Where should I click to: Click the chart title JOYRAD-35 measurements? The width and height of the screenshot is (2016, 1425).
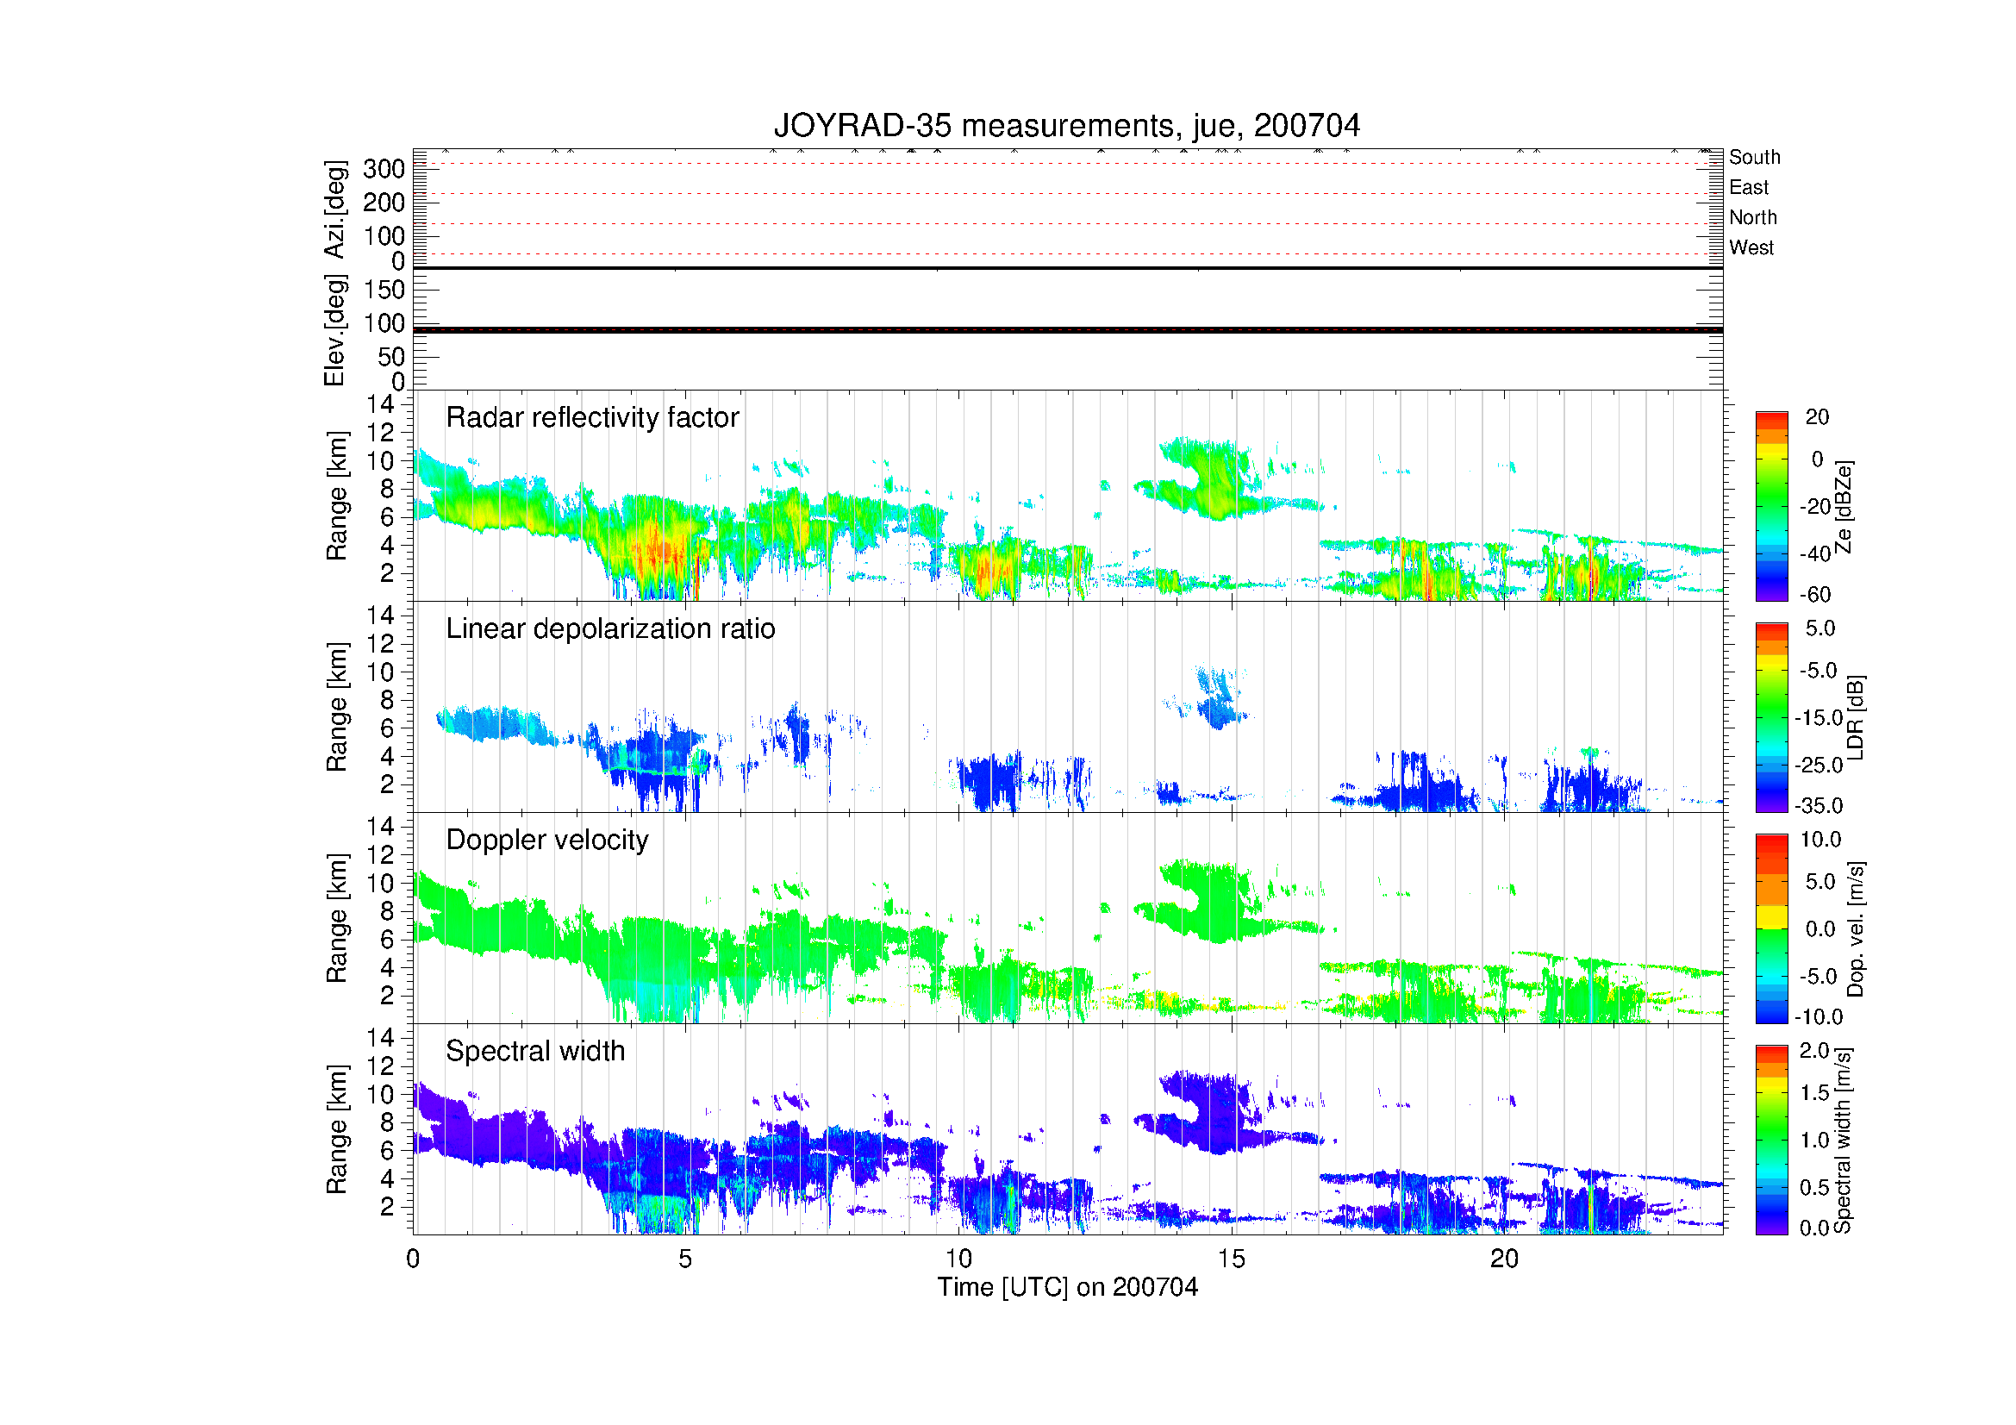pyautogui.click(x=1066, y=127)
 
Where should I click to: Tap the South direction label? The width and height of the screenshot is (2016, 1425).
pyautogui.click(x=1754, y=157)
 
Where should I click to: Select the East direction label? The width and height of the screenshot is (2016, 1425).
pyautogui.click(x=1748, y=187)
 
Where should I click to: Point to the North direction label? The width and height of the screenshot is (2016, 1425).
pyautogui.click(x=1752, y=217)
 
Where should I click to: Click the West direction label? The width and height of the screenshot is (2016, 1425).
pyautogui.click(x=1751, y=247)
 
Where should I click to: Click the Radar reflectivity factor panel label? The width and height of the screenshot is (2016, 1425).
pyautogui.click(x=592, y=417)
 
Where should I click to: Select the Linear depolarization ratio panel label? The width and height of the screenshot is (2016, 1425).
pyautogui.click(x=610, y=628)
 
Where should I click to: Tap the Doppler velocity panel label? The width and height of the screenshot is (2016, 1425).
pyautogui.click(x=547, y=840)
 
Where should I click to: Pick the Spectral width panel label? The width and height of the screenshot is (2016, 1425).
pyautogui.click(x=534, y=1051)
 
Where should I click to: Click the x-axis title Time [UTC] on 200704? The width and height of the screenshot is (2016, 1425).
pyautogui.click(x=1067, y=1287)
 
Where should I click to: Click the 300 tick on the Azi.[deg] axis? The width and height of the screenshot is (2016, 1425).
pyautogui.click(x=384, y=169)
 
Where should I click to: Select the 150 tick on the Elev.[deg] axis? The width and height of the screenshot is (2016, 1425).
pyautogui.click(x=384, y=290)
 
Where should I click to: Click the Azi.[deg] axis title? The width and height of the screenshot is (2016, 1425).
pyautogui.click(x=334, y=209)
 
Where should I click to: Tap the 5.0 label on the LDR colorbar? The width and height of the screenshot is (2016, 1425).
pyautogui.click(x=1820, y=628)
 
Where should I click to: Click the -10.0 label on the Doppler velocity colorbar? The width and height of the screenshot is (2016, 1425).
pyautogui.click(x=1820, y=1016)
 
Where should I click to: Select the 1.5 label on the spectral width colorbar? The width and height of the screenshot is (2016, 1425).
pyautogui.click(x=1814, y=1093)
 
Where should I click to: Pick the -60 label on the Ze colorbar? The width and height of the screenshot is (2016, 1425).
pyautogui.click(x=1815, y=596)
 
